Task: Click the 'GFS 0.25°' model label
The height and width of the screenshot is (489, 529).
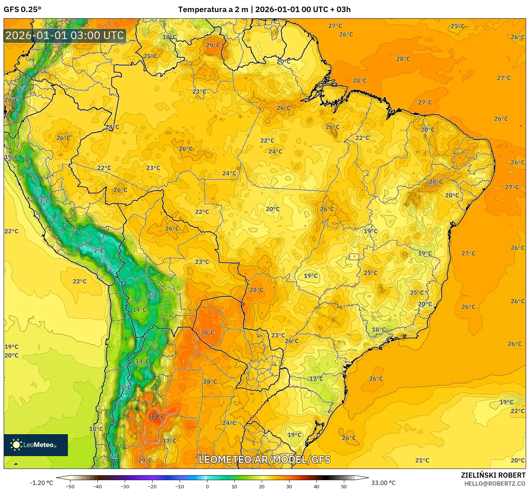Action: point(22,10)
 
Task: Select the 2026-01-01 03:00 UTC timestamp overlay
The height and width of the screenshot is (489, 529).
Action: point(65,35)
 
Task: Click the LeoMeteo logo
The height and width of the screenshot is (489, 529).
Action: point(36,445)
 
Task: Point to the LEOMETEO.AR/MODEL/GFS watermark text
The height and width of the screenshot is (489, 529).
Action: point(264,459)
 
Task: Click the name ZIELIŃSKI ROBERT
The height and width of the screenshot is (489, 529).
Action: point(493,475)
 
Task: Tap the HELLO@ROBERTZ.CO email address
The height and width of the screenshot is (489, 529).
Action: point(495,484)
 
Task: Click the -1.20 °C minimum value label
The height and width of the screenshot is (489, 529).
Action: point(41,483)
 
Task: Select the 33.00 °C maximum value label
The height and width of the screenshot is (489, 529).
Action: point(383,483)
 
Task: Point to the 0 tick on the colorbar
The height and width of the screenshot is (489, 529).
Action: point(207,486)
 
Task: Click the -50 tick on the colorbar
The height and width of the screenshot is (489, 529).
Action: point(70,486)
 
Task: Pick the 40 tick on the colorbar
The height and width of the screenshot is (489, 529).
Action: point(316,486)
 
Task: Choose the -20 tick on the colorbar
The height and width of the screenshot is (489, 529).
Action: point(152,486)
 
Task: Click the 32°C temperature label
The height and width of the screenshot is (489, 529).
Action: point(156,417)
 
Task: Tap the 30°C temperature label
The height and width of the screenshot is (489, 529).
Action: point(207,332)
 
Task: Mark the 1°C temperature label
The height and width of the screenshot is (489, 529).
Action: point(126,387)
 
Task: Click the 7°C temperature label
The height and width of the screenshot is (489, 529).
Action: point(115,456)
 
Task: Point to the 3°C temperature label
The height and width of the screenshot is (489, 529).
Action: point(44,201)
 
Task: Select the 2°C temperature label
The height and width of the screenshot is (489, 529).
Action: point(99,251)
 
